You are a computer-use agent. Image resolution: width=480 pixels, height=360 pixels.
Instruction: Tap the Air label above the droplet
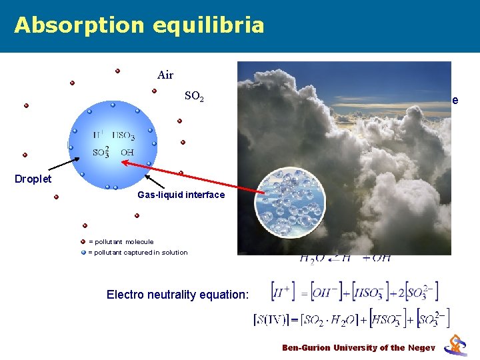pos(165,75)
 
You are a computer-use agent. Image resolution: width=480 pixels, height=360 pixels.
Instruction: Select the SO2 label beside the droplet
pos(194,97)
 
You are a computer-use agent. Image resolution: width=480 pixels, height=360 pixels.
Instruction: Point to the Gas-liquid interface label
pos(181,195)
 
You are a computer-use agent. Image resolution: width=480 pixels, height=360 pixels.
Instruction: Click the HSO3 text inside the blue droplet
pos(123,136)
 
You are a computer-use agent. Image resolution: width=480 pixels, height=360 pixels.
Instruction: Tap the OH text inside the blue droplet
pos(127,152)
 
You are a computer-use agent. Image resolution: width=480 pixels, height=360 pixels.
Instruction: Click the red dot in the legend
pos(83,241)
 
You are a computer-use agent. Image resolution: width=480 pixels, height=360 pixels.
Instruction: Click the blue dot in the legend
pos(83,252)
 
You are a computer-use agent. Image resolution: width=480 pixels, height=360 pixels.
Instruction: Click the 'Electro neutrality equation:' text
pos(177,294)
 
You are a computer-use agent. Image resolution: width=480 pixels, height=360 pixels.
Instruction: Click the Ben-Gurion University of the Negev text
pos(359,347)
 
